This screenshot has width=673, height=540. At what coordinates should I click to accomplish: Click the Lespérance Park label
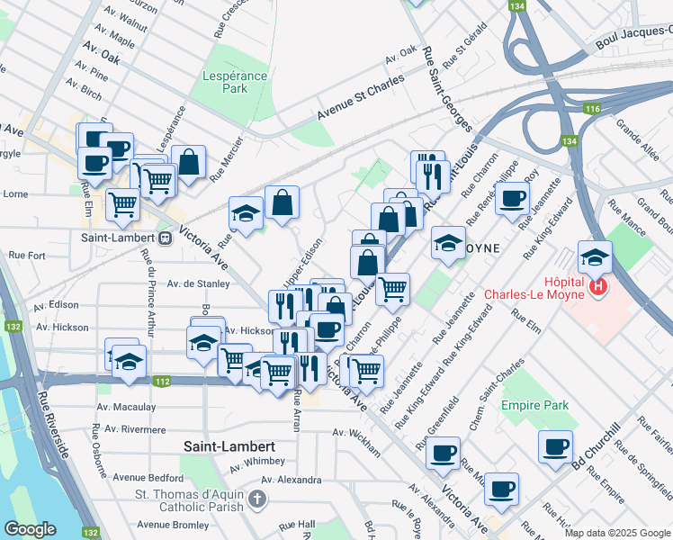click(x=235, y=83)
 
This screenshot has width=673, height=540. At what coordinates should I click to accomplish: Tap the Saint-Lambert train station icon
click(x=165, y=238)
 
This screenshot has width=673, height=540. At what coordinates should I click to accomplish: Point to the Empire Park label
click(x=535, y=405)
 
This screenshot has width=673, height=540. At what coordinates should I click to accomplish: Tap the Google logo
click(x=30, y=529)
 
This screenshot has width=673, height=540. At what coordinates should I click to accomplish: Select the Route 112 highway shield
click(x=161, y=382)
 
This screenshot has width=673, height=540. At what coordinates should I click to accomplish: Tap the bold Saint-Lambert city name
click(x=229, y=446)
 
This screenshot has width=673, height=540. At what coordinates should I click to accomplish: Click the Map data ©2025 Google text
click(x=616, y=533)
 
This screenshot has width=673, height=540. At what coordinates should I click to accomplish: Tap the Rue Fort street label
click(x=27, y=256)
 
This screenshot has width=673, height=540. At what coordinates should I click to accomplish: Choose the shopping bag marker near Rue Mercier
click(x=189, y=164)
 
